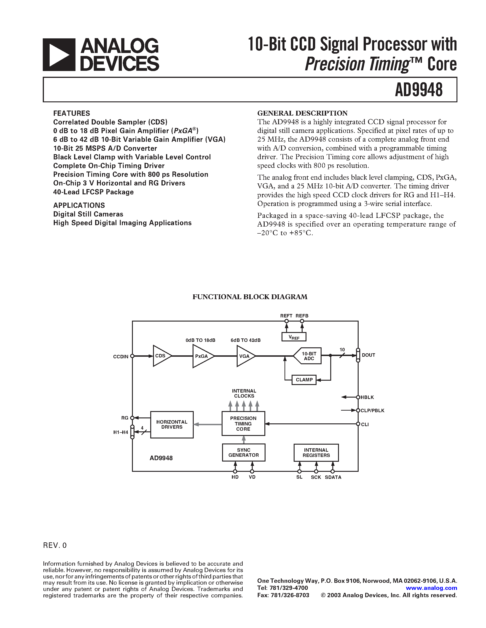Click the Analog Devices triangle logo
(59, 55)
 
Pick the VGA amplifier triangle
(244, 356)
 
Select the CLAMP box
(304, 380)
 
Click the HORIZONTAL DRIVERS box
(172, 425)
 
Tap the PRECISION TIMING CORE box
(243, 424)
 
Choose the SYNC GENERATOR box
(244, 452)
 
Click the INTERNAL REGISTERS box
(316, 453)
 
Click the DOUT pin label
(368, 355)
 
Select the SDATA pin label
(333, 477)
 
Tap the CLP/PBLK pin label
(373, 411)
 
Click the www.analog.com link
(431, 588)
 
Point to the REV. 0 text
(55, 546)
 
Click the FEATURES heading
(71, 113)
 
